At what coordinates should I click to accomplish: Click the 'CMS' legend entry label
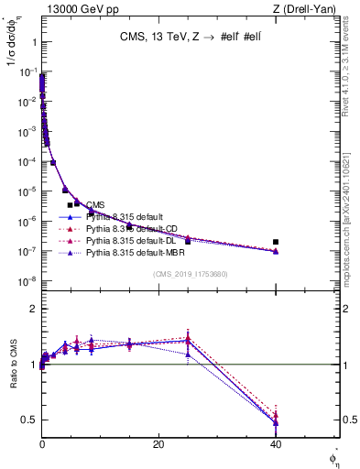(x=96, y=204)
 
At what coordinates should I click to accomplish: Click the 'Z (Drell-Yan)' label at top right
(x=309, y=9)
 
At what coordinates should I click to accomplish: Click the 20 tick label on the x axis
(x=158, y=444)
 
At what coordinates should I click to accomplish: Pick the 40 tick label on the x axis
(x=276, y=444)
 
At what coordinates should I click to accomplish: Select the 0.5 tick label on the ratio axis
(x=27, y=420)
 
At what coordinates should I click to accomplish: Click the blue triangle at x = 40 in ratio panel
(x=276, y=422)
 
